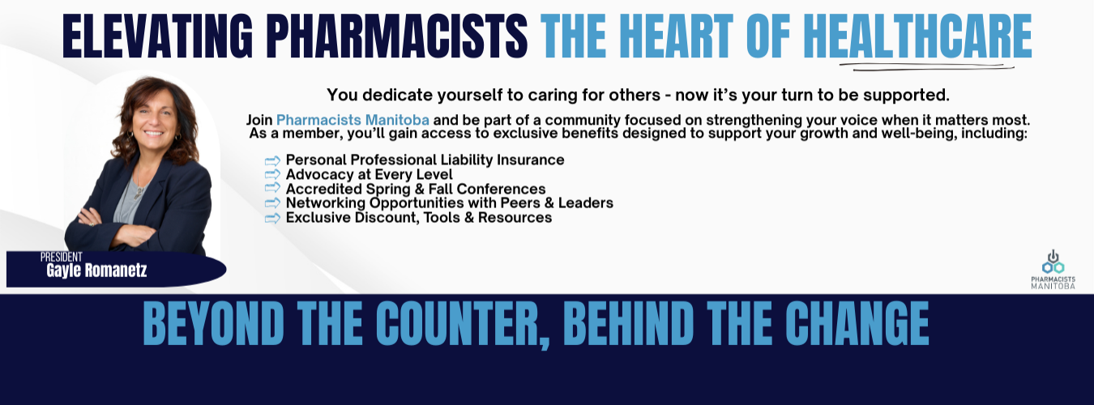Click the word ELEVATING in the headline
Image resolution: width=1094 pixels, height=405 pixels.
158,36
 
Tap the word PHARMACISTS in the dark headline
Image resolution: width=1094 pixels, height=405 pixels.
397,36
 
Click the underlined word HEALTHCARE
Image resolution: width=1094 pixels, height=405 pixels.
917,36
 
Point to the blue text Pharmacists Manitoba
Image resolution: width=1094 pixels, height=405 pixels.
353,120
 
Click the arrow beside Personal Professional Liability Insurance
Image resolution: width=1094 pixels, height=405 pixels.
272,160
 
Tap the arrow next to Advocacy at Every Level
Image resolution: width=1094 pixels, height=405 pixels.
272,174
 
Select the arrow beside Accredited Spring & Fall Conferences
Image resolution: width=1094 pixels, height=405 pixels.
272,188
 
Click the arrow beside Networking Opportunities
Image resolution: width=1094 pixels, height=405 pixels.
272,203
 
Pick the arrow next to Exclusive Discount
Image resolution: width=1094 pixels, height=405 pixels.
272,218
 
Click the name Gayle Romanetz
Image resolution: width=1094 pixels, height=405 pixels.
96,270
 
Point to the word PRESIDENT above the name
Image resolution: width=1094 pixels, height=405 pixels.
61,257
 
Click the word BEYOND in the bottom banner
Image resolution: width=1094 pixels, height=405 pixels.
214,323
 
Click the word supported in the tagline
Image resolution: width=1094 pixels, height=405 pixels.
906,96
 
